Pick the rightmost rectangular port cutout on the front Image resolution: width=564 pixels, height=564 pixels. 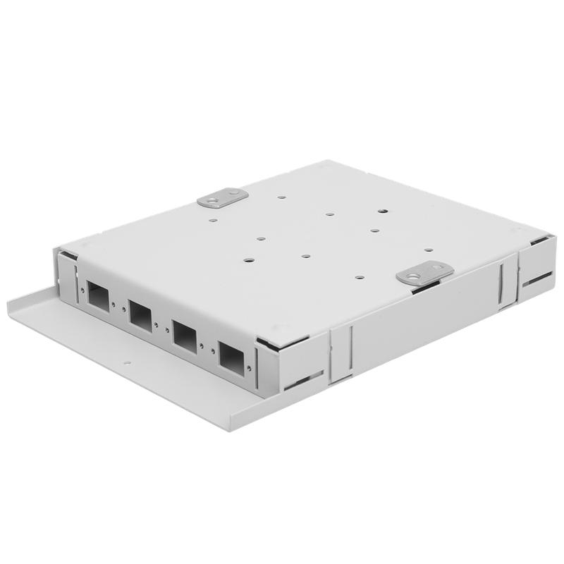229,355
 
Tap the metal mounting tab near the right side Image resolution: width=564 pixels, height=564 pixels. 424,274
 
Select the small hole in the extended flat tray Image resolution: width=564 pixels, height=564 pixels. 128,364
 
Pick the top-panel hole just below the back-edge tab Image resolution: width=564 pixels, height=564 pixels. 211,219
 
